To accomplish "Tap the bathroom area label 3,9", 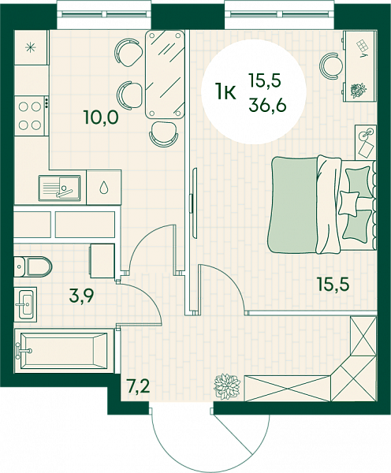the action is (81, 296).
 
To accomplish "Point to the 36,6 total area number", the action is (267, 106).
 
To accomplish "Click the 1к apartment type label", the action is (225, 91).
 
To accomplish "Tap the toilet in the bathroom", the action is (33, 266).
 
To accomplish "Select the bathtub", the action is (64, 351).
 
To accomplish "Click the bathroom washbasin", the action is (26, 304).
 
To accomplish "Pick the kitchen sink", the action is (60, 188).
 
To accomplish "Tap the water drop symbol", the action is (104, 188).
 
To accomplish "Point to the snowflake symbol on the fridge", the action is (30, 47).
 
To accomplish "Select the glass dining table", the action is (165, 74).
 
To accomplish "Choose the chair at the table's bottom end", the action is (164, 133).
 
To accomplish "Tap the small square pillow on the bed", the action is (349, 203).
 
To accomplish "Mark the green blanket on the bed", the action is (292, 205).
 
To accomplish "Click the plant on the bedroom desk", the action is (359, 90).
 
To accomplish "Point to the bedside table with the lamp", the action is (366, 142).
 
